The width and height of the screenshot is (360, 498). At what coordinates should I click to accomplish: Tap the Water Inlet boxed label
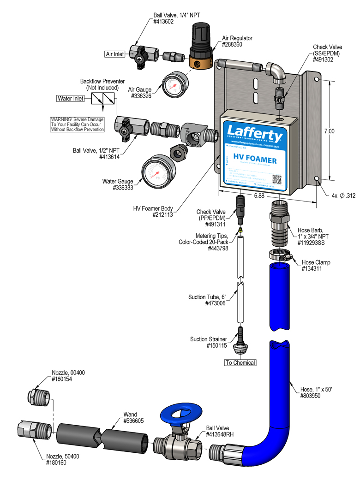[70, 98]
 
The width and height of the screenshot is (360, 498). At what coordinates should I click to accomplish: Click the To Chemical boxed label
[240, 363]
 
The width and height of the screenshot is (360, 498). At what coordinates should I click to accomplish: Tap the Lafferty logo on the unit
[254, 136]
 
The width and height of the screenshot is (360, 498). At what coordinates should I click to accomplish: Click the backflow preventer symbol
[103, 99]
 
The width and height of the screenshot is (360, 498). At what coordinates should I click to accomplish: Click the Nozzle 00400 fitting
[37, 397]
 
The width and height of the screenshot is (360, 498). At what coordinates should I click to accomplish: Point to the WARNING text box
[77, 125]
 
